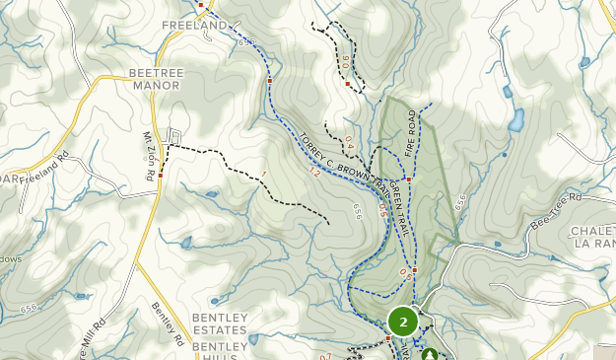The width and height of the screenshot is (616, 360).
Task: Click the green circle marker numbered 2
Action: [x=403, y=322]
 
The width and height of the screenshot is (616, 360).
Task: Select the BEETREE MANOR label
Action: [x=155, y=79]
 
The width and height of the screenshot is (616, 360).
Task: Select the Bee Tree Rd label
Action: [x=557, y=210]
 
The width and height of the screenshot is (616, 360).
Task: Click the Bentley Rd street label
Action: [x=168, y=323]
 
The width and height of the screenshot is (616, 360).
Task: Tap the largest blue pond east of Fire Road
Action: [x=514, y=120]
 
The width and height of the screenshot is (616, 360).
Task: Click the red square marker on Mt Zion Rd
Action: [x=161, y=175]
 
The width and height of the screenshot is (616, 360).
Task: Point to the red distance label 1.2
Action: [x=313, y=171]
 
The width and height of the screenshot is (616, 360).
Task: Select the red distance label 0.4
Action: [x=349, y=143]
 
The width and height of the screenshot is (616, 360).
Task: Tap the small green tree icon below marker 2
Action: [x=429, y=354]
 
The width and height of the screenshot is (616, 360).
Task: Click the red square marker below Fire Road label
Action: [x=408, y=180]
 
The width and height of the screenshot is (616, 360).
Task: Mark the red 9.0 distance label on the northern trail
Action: [x=345, y=61]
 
